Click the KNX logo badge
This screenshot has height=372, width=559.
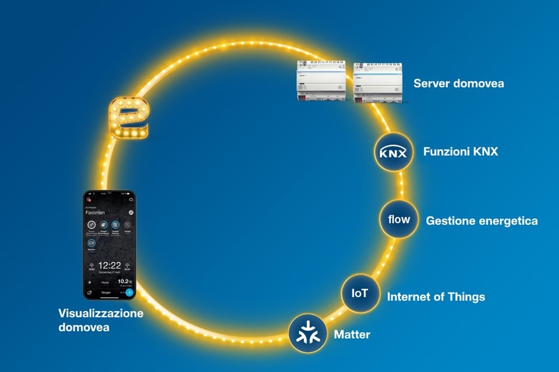[x=392, y=153]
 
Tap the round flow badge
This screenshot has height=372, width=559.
[x=399, y=220]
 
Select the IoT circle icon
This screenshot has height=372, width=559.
[x=360, y=294]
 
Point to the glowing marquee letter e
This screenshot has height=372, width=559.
[x=129, y=119]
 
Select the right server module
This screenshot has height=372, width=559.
[x=374, y=82]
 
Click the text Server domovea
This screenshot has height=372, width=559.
[x=459, y=84]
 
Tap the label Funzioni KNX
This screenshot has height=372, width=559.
[x=461, y=152]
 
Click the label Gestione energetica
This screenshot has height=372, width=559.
[x=482, y=221]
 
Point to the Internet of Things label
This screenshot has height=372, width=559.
[x=436, y=297]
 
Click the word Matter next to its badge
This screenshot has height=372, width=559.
[x=352, y=334]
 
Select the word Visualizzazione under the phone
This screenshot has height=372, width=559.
[x=101, y=313]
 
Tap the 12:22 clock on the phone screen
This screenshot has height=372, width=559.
[x=109, y=266]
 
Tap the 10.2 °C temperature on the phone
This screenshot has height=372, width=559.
[x=124, y=281]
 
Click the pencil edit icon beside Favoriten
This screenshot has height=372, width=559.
[x=131, y=213]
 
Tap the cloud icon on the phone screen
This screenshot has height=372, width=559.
[x=131, y=199]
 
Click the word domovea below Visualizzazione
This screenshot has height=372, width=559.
[x=83, y=328]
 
